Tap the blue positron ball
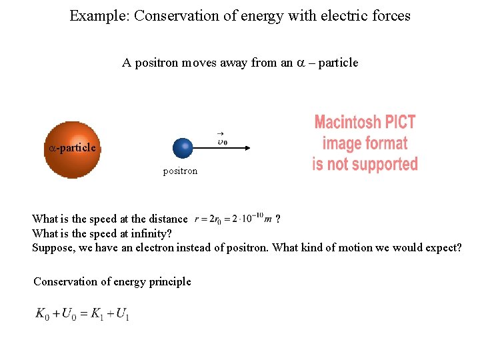tap(183, 148)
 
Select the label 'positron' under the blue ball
tap(180, 171)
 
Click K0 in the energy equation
tap(43, 313)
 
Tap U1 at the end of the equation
tap(122, 313)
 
